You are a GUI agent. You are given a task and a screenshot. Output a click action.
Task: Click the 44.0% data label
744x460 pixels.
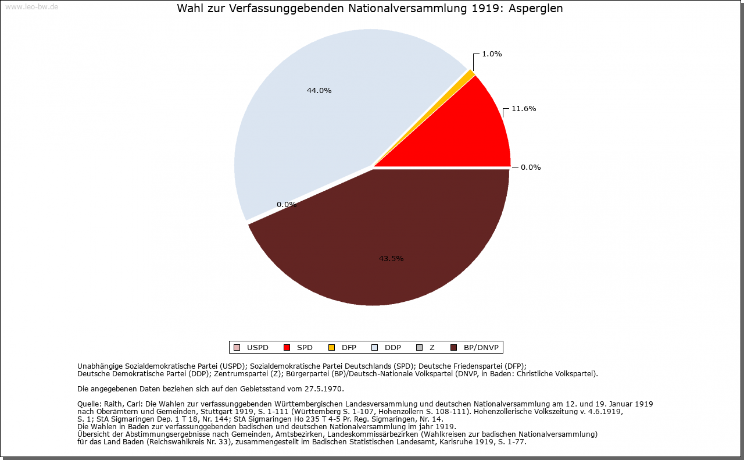[319, 91]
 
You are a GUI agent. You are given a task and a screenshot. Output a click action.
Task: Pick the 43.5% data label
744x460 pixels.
[391, 259]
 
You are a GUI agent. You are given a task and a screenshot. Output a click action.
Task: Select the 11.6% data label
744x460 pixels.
[524, 109]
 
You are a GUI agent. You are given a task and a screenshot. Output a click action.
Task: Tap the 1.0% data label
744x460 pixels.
[492, 54]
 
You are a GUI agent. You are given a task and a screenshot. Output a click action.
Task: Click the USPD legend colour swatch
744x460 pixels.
[237, 348]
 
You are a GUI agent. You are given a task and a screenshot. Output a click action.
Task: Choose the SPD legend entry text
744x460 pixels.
[305, 348]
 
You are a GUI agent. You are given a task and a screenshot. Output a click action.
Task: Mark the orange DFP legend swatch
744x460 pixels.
[332, 348]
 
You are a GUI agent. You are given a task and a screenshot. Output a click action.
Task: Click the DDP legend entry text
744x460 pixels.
[393, 348]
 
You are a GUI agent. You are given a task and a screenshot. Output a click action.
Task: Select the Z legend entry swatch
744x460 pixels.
[419, 348]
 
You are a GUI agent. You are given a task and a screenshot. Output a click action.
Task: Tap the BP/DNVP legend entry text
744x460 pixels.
[481, 348]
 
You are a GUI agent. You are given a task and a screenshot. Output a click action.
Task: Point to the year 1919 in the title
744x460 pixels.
[489, 9]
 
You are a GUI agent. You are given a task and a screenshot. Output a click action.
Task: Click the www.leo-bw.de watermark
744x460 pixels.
[31, 7]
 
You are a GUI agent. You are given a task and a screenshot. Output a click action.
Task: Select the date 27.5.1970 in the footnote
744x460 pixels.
[324, 388]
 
